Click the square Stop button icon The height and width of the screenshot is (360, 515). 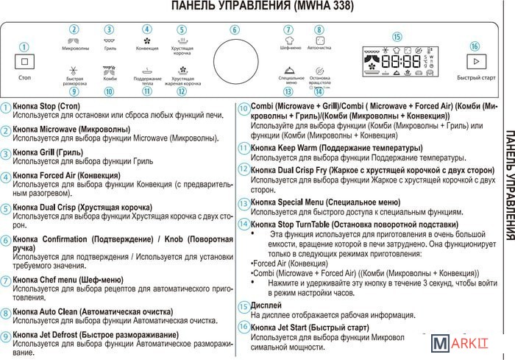(x=24, y=63)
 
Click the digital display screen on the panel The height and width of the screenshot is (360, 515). (x=397, y=62)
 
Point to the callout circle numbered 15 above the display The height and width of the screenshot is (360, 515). (x=397, y=37)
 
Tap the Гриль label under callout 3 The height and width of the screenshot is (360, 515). (x=110, y=48)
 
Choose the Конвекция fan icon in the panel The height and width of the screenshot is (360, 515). (x=146, y=40)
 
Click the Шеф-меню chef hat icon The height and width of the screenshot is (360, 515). (x=289, y=40)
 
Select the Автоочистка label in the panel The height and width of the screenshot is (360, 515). (x=319, y=48)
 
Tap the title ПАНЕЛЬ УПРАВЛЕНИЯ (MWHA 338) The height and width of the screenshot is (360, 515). (x=257, y=7)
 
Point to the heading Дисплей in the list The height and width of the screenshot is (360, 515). (x=266, y=305)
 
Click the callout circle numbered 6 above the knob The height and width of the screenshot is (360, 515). (x=234, y=30)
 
